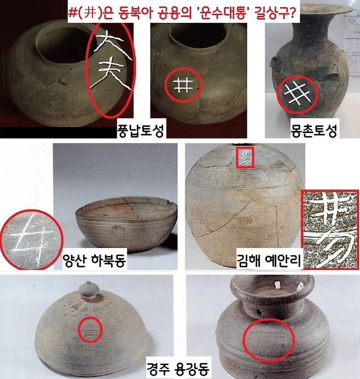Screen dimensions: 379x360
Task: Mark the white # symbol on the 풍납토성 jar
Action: (x=182, y=85)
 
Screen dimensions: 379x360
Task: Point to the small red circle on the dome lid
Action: (x=88, y=330)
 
